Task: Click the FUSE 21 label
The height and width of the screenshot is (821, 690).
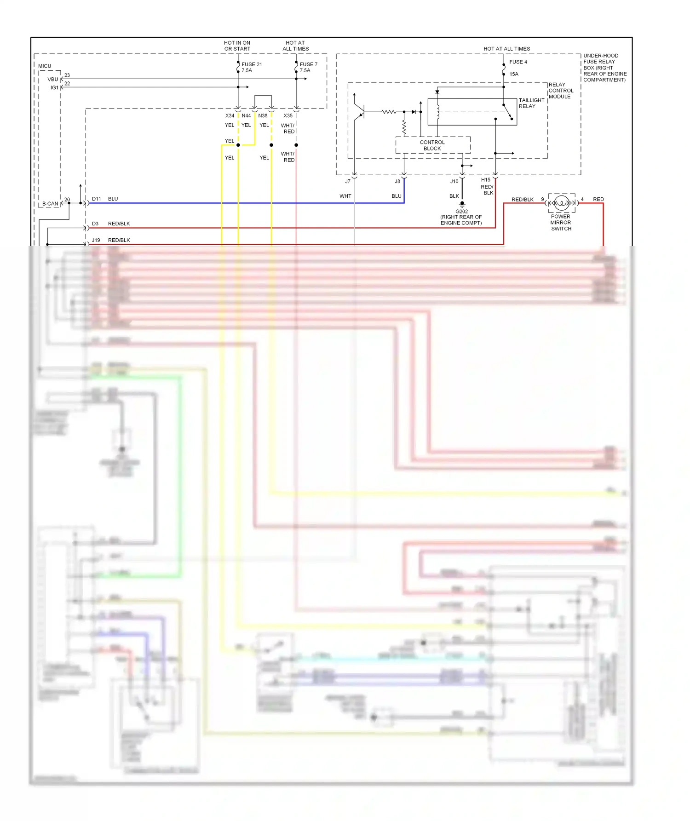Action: [252, 64]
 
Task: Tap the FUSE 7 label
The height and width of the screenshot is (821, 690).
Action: [308, 64]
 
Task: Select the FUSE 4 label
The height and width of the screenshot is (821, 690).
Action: [518, 62]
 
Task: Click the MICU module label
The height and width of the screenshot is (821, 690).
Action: [45, 66]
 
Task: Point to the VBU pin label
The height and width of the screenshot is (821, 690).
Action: [53, 79]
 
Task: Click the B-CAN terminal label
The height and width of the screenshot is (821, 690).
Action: [50, 203]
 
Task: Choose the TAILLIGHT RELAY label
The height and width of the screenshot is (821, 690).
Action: [531, 103]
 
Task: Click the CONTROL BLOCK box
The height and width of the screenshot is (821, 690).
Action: [432, 145]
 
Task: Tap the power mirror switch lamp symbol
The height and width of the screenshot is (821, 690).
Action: [561, 203]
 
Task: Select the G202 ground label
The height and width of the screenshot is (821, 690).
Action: [461, 212]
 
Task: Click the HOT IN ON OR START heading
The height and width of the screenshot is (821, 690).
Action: [237, 46]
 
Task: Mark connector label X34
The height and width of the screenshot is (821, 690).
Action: [230, 115]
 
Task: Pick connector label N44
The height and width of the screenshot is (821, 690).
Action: [246, 115]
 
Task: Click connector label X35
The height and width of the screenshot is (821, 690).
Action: [287, 115]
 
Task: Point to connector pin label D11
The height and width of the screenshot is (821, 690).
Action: [96, 199]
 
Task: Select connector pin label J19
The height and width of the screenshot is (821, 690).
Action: [96, 240]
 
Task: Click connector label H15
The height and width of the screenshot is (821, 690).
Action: [486, 180]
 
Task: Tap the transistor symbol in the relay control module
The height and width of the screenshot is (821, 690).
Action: [360, 111]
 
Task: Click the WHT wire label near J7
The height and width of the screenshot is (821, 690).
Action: [345, 196]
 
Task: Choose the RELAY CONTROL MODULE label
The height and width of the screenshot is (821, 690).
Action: [561, 91]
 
